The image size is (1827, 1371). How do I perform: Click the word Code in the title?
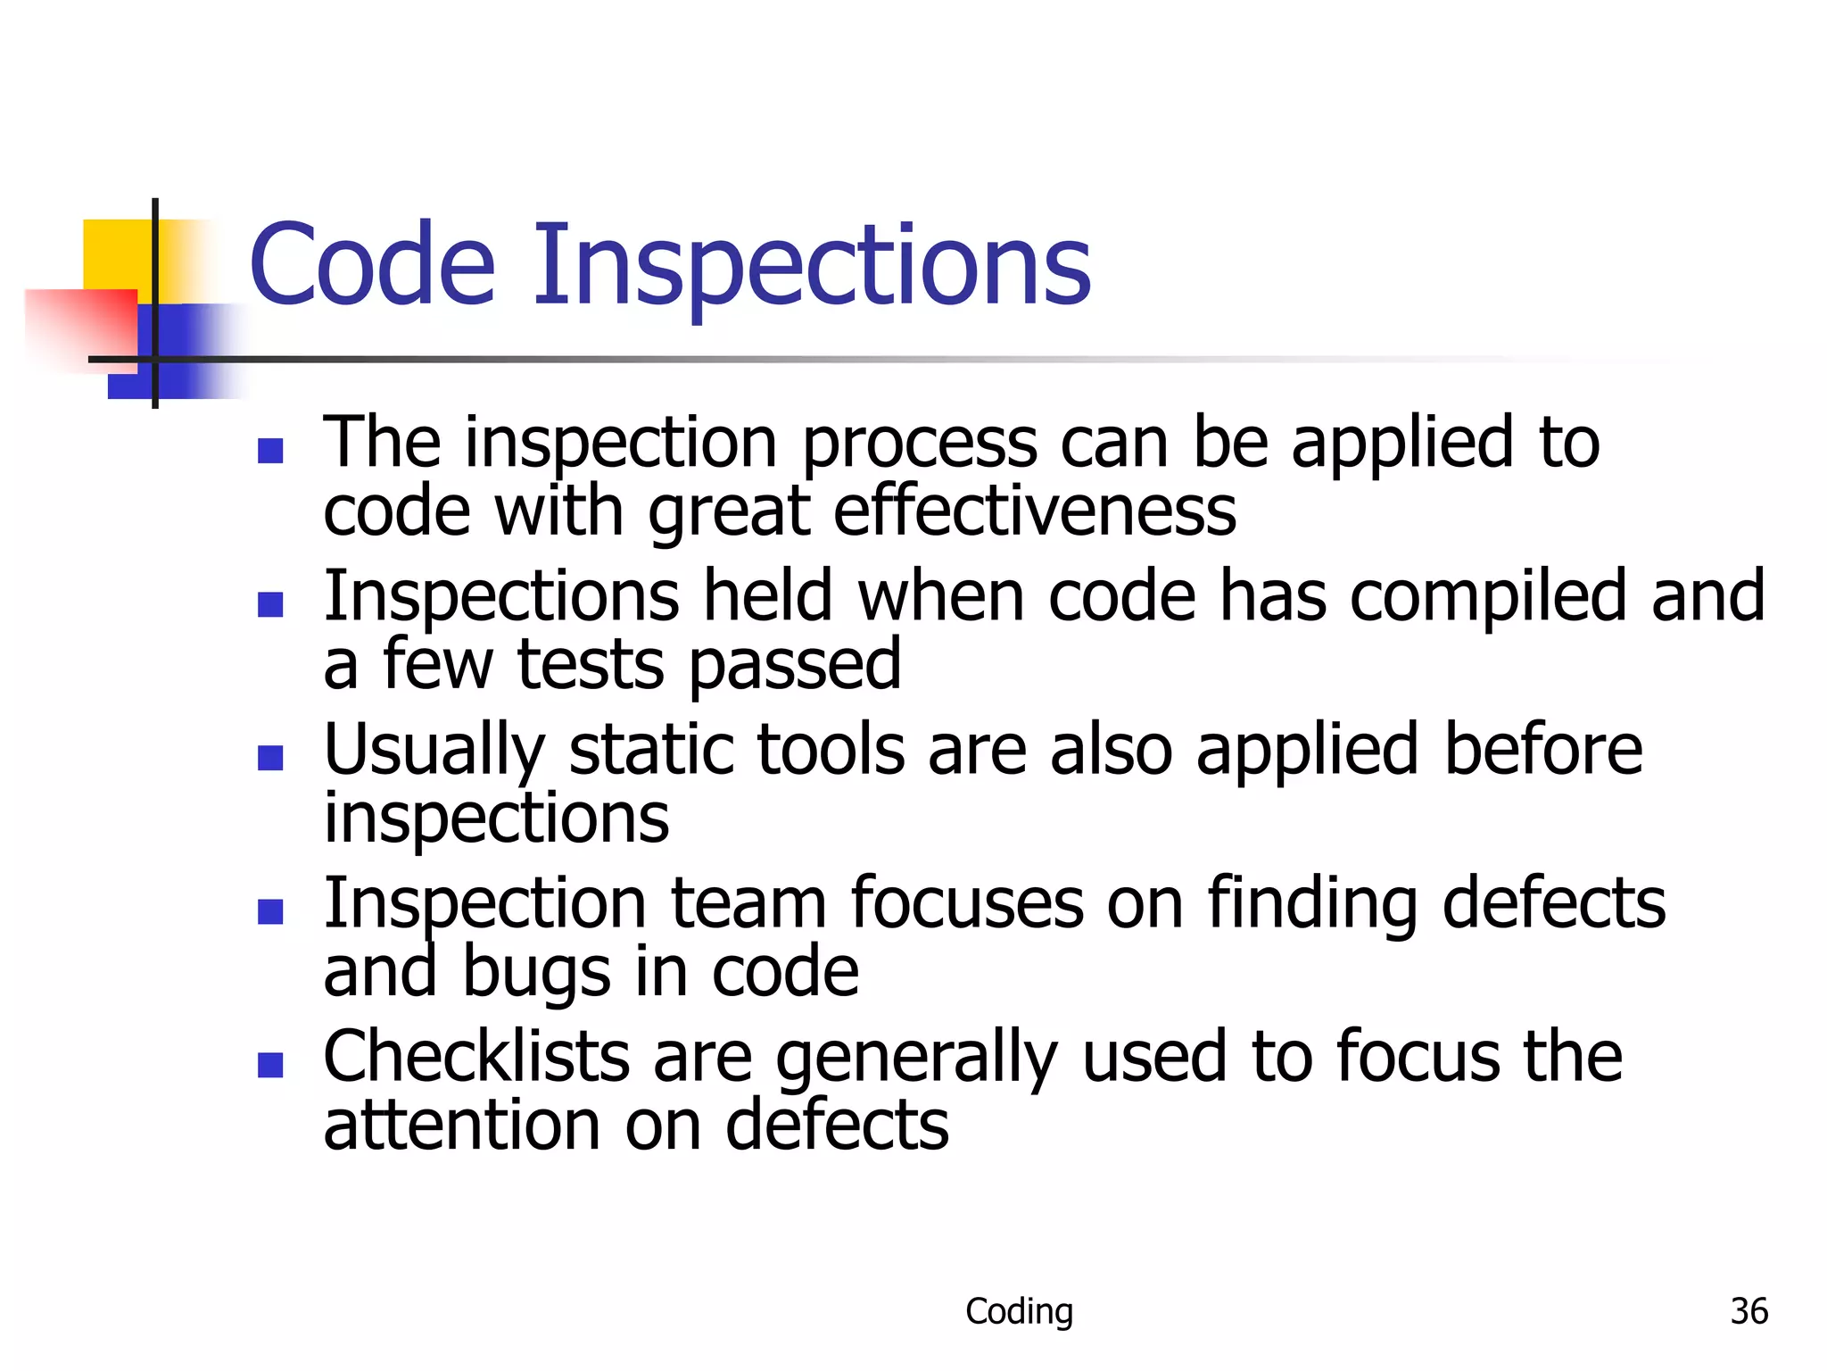click(372, 265)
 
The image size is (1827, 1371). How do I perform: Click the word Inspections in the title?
click(812, 265)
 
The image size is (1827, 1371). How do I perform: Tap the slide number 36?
click(1748, 1311)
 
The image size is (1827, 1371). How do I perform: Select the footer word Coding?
click(1019, 1311)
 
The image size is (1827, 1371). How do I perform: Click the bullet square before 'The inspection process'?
click(270, 451)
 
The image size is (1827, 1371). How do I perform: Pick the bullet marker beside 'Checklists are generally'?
click(270, 1065)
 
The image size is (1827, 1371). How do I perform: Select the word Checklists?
click(476, 1057)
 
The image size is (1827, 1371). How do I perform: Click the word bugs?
click(535, 972)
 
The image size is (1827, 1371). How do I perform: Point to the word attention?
click(462, 1126)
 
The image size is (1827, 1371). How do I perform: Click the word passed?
click(795, 665)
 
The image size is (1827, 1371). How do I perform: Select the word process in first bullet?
click(919, 444)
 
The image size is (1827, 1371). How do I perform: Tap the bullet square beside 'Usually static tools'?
click(270, 758)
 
